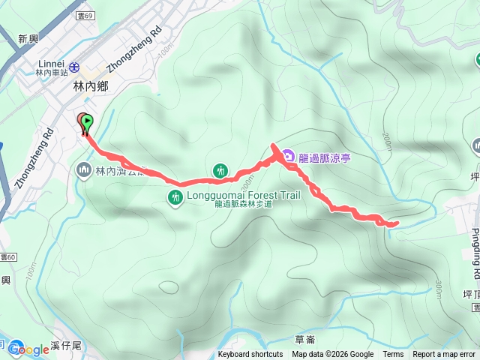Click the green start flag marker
click(x=88, y=121)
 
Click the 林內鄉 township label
click(x=91, y=87)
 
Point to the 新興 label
click(x=28, y=38)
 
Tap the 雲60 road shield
click(x=7, y=256)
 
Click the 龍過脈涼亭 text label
click(x=325, y=157)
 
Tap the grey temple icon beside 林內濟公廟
click(x=82, y=171)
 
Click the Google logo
click(x=28, y=349)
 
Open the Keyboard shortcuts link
click(x=250, y=355)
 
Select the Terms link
click(x=393, y=355)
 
